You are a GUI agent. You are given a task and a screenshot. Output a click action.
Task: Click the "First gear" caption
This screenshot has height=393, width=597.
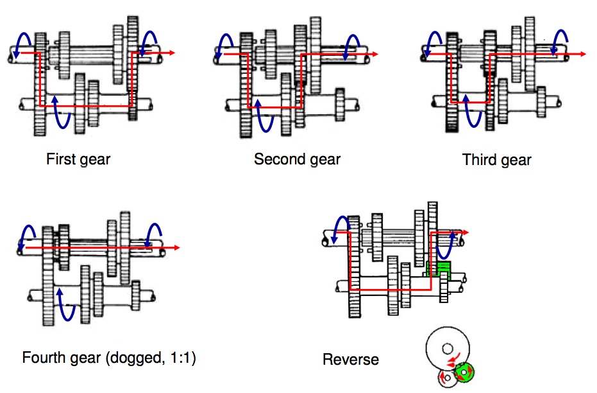tap(78, 159)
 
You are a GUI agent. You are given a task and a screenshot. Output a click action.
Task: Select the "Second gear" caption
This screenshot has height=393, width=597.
tap(297, 159)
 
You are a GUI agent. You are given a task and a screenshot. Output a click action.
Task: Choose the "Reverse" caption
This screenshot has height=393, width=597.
tap(350, 359)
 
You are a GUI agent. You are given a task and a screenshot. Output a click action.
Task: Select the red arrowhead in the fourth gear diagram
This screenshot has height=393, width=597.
tap(176, 247)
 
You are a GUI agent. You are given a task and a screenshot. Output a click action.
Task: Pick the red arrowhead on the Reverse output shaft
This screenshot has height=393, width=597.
tap(466, 232)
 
